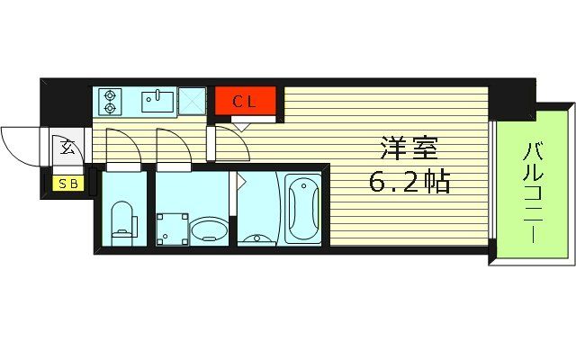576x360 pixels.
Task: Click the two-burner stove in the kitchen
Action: [111, 101]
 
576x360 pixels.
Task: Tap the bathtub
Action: [302, 208]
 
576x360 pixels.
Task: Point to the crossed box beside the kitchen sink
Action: [192, 100]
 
